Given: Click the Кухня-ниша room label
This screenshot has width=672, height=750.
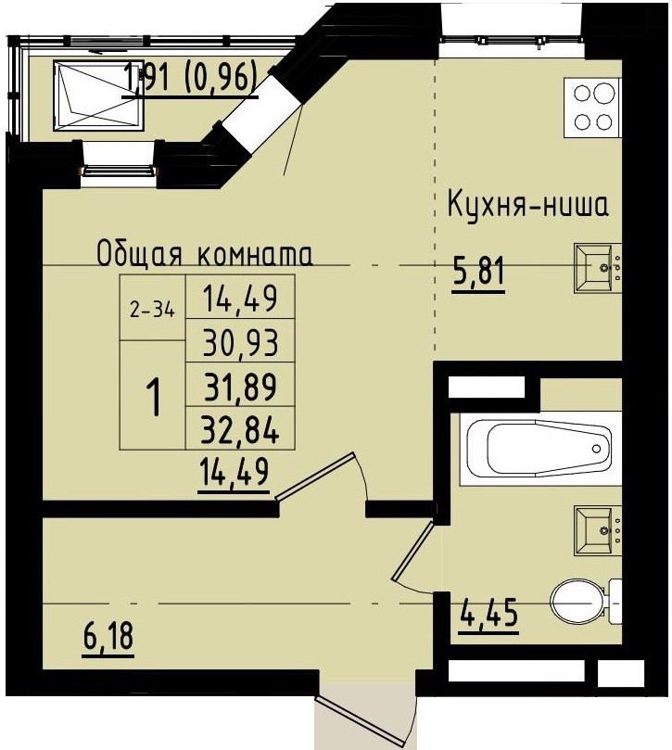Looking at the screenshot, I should [x=527, y=205].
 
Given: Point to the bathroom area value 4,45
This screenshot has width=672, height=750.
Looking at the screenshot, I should [x=488, y=613].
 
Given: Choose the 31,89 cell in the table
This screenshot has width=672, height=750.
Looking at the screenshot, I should [x=240, y=384].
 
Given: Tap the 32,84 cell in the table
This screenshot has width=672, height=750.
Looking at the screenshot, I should [x=240, y=427].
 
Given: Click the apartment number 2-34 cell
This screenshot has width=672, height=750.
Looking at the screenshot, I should [x=152, y=311].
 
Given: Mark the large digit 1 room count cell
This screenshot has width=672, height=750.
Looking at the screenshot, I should [x=153, y=399].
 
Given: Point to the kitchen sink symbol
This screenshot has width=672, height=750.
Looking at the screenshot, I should [x=599, y=268].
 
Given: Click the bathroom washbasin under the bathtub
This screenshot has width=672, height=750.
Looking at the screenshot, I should [x=599, y=530].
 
